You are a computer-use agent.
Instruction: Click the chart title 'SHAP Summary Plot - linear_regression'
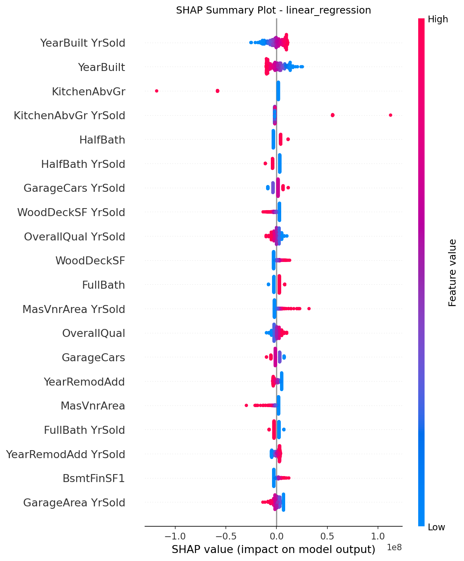[x=273, y=10]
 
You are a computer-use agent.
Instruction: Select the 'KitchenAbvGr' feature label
[x=88, y=92]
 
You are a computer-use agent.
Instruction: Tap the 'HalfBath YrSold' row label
[x=83, y=164]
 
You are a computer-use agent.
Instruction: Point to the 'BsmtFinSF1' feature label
[x=94, y=478]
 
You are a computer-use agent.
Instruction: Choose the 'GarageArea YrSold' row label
[x=74, y=502]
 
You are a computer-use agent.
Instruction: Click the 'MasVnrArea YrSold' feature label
[x=74, y=309]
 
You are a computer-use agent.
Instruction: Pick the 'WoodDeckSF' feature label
[x=90, y=261]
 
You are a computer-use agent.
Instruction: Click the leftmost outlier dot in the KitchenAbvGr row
[x=157, y=91]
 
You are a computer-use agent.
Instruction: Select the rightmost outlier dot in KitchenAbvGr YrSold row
[x=390, y=115]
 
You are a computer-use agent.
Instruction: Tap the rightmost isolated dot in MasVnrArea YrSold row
[x=309, y=309]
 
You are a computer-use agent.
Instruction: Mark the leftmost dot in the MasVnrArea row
[x=246, y=405]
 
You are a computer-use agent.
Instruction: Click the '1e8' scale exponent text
[x=394, y=547]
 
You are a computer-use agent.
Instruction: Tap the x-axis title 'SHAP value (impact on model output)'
[x=273, y=549]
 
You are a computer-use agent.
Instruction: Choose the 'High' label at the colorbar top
[x=438, y=19]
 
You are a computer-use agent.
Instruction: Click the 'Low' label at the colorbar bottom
[x=437, y=527]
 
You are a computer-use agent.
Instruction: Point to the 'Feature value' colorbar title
[x=452, y=273]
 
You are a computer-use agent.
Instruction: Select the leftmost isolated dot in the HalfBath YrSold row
[x=265, y=163]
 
